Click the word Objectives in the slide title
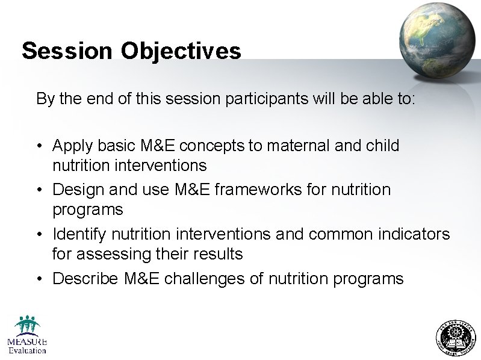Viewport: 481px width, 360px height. [x=181, y=51]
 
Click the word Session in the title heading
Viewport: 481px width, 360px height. [x=67, y=51]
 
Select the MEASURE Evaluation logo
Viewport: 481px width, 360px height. [x=26, y=335]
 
